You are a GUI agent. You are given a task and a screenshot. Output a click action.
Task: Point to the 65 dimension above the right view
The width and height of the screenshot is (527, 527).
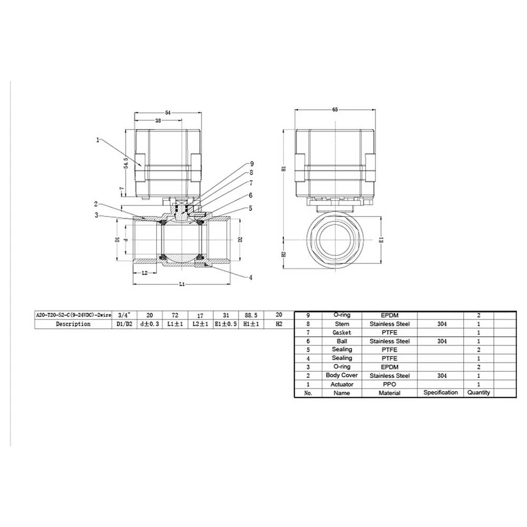point(335,109)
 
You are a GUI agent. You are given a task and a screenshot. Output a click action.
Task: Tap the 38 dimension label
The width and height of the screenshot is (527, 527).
point(158,121)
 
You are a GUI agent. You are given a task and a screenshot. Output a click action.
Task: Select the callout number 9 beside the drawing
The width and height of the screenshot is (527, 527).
point(252,163)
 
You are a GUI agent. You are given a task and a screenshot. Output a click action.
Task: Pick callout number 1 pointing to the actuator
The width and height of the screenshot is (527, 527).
point(98,140)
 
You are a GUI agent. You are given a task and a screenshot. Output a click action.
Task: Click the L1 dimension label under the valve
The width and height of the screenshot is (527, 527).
point(182,284)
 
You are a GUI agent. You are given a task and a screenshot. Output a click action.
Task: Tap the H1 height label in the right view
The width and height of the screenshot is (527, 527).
point(283,170)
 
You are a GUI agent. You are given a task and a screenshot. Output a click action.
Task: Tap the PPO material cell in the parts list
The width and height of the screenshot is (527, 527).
point(389,384)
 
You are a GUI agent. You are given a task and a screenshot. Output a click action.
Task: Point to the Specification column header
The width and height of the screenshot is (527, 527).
point(440,393)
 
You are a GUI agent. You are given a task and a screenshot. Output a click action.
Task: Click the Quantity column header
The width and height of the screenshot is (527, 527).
point(478,393)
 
